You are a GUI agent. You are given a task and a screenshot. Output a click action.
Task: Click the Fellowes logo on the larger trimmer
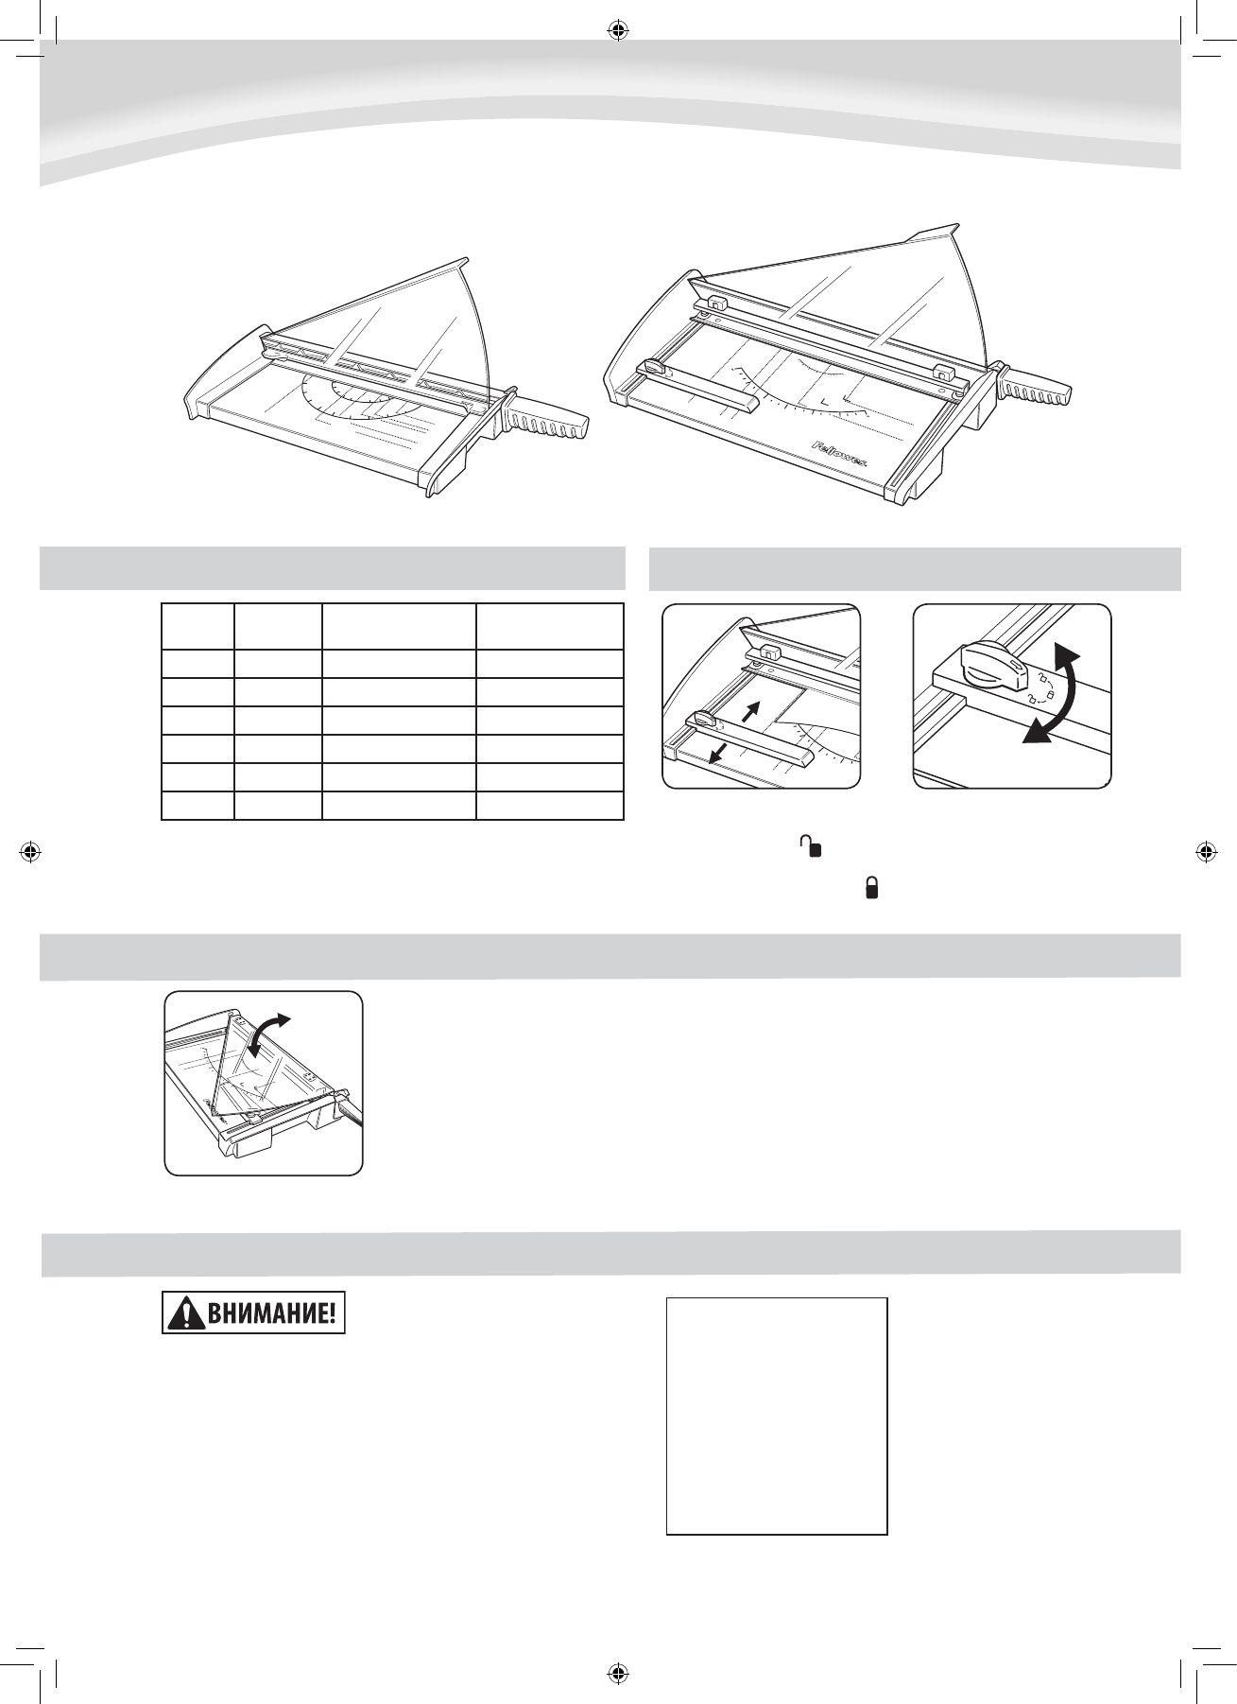click(x=846, y=453)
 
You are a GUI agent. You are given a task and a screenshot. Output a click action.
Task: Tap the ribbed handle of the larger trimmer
click(x=1034, y=387)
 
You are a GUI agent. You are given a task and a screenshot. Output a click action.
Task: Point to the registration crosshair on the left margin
click(x=31, y=851)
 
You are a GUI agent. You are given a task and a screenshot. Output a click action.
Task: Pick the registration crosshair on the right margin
click(x=1206, y=851)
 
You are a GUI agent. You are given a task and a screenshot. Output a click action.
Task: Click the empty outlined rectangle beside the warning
click(x=777, y=1415)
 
